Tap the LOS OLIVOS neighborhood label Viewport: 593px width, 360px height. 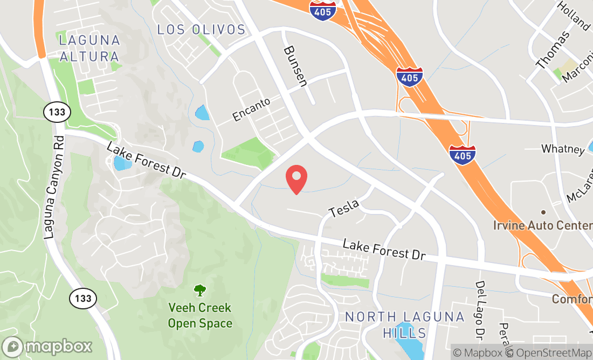coord(201,29)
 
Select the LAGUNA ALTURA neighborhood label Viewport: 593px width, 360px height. coord(89,48)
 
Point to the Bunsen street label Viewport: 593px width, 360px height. coord(295,65)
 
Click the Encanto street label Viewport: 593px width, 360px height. coord(251,109)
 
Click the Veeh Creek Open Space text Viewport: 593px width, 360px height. coord(200,316)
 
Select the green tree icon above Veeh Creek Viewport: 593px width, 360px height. coord(200,290)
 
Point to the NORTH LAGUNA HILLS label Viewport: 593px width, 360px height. coord(404,324)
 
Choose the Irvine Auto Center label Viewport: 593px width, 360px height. coord(542,225)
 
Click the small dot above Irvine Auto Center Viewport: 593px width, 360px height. coord(543,212)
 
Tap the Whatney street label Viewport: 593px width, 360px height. coord(563,149)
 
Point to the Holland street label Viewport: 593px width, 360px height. coord(574,15)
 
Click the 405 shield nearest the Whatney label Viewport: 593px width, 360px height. coord(463,154)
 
